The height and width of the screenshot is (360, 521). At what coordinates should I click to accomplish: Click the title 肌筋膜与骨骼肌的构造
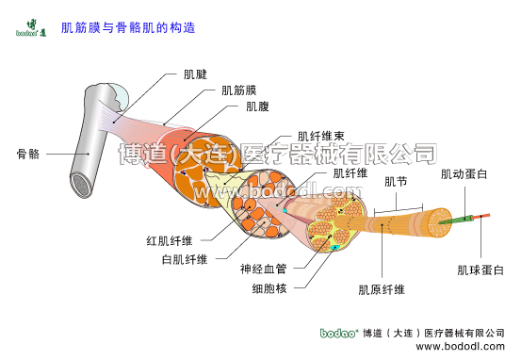click(127, 28)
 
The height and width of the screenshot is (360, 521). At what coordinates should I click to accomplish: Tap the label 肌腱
click(195, 74)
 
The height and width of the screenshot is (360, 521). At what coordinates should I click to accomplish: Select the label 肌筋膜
click(238, 91)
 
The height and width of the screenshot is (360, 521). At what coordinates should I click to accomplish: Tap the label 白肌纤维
click(185, 259)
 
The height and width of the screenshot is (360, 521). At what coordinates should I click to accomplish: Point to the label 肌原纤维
click(382, 289)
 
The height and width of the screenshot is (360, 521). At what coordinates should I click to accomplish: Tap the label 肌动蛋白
click(464, 174)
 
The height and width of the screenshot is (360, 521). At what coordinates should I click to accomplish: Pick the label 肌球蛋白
click(480, 270)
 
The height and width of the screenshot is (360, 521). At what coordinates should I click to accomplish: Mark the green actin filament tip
click(471, 220)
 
